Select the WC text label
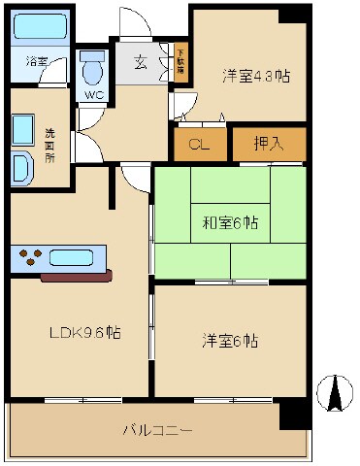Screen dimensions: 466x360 [x=93, y=95]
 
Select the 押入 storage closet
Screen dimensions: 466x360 [x=269, y=145]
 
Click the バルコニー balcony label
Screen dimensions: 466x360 [x=158, y=429]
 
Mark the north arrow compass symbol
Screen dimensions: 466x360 [x=335, y=391]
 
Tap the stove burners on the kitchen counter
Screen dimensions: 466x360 [x=31, y=258]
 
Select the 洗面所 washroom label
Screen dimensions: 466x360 [x=51, y=144]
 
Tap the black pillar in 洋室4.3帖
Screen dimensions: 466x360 [x=291, y=15]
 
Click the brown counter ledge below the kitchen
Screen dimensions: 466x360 [x=78, y=276]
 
